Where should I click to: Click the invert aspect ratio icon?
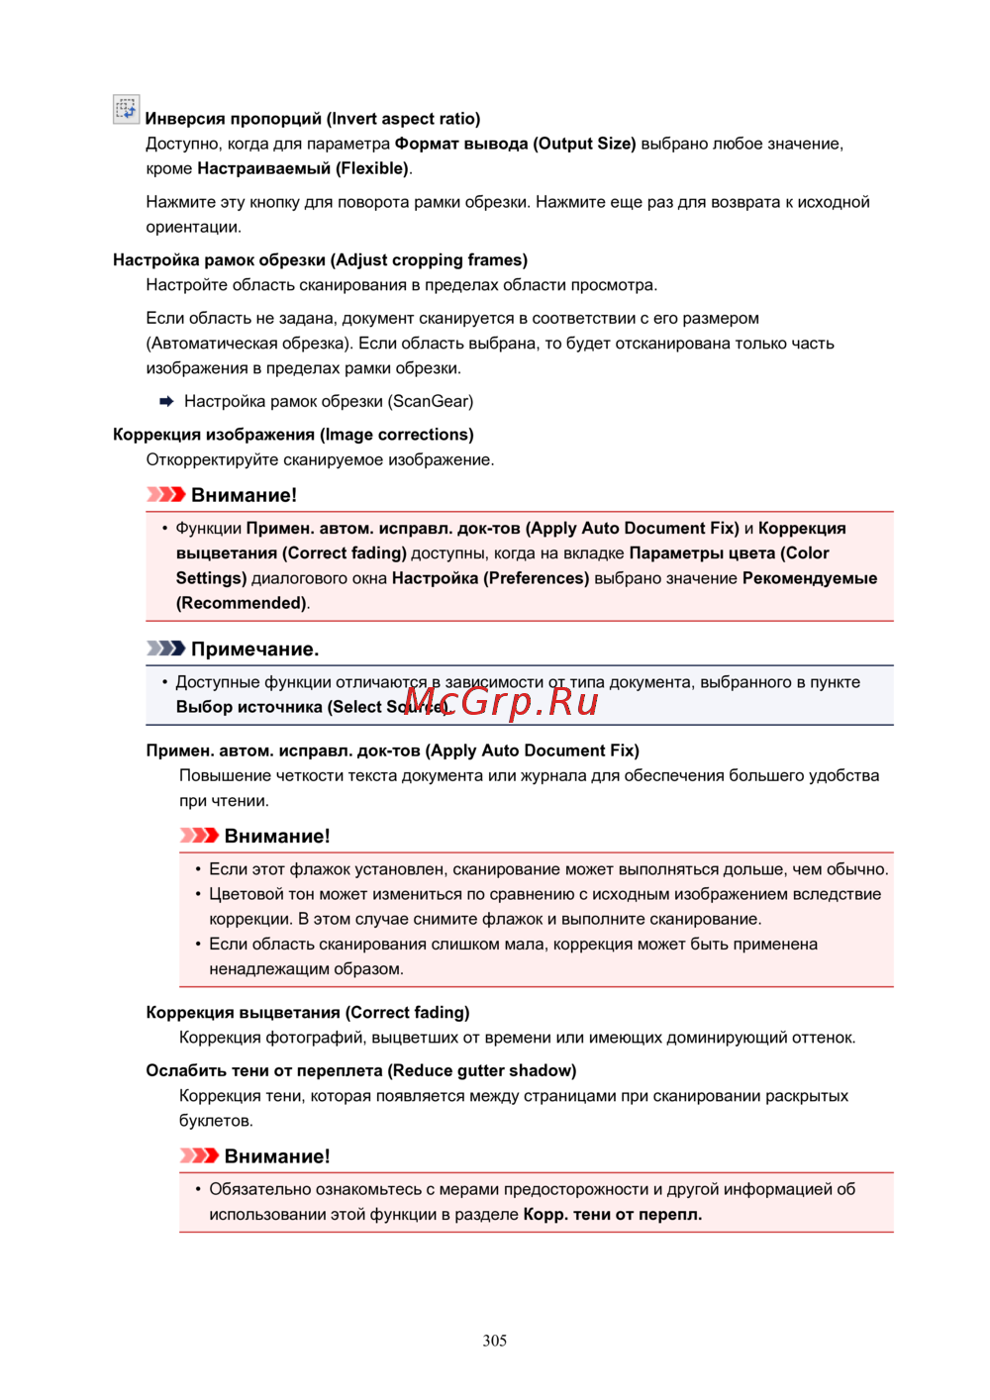tap(126, 109)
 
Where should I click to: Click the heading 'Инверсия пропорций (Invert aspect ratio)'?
tap(313, 119)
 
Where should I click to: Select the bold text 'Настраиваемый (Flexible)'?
tap(303, 168)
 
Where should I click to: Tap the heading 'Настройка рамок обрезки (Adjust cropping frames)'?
tap(320, 260)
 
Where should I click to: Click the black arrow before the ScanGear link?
tap(166, 401)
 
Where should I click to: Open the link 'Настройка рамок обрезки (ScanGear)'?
tap(329, 401)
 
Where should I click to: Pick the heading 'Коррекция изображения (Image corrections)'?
tap(293, 435)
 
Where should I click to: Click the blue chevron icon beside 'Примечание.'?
tap(165, 649)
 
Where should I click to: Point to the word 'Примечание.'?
tap(254, 650)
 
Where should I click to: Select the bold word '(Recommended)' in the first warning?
tap(242, 603)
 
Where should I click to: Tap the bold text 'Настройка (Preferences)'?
tap(490, 578)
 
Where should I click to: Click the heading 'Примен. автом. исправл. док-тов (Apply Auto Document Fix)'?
tap(392, 750)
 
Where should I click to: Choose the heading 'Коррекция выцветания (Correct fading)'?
tap(308, 1012)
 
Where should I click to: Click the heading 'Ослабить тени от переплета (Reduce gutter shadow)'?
tap(360, 1070)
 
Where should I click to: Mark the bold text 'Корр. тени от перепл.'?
tap(613, 1214)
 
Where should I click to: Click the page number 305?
tap(495, 1341)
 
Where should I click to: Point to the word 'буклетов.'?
tap(216, 1121)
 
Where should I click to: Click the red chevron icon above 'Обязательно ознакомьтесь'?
tap(199, 1155)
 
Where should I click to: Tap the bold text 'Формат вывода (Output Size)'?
tap(515, 144)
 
